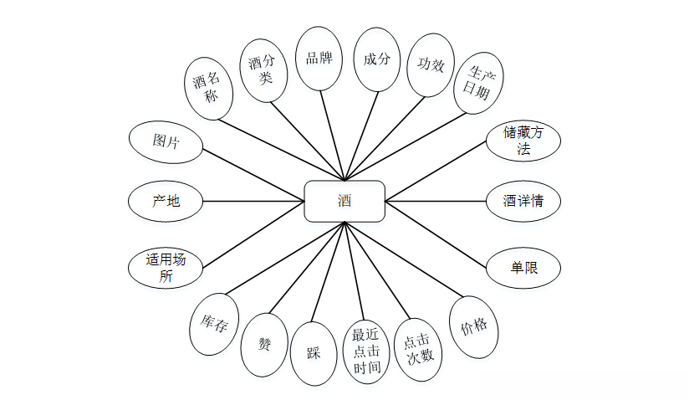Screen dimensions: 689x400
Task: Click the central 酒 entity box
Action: click(344, 201)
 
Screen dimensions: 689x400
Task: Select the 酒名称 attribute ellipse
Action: click(207, 87)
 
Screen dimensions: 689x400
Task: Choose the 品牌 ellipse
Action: click(319, 59)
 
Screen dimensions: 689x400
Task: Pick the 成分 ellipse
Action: click(377, 59)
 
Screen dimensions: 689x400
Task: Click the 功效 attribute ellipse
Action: click(431, 65)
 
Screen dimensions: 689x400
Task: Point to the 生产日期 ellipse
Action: click(478, 84)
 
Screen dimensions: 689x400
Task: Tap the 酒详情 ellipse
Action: click(523, 201)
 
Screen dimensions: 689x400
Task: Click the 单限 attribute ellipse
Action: click(523, 268)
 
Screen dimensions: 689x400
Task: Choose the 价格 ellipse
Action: click(473, 326)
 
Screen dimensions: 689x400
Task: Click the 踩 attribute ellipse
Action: click(313, 352)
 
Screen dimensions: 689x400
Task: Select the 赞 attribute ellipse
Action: click(264, 344)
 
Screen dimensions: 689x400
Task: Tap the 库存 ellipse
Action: click(214, 321)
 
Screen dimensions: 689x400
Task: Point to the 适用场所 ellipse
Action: click(166, 268)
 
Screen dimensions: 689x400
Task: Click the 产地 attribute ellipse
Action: click(166, 201)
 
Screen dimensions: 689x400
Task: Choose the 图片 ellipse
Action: click(166, 140)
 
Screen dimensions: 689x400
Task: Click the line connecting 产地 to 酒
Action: click(253, 201)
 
